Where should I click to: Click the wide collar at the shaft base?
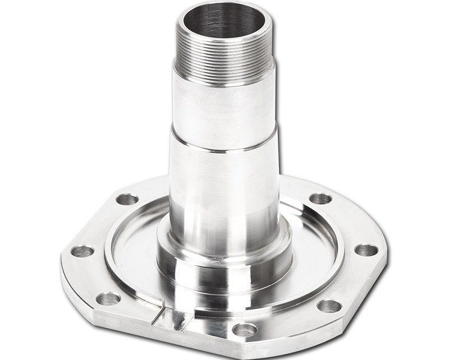tap(224, 264)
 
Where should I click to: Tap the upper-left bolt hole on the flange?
tap(127, 199)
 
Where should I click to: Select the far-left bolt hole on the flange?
tap(83, 251)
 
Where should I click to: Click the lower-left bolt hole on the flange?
tap(108, 298)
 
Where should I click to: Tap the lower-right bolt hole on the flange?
tap(329, 306)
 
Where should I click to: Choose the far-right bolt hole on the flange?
tap(366, 250)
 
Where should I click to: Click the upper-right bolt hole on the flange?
tap(320, 198)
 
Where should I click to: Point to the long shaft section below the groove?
tap(224, 191)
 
